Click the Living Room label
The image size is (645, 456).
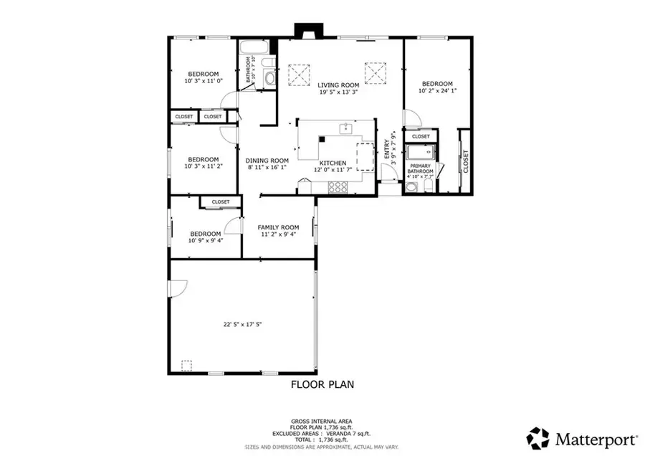pos(338,85)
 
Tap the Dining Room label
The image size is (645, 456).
pos(267,161)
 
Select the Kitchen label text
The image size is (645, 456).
pos(333,163)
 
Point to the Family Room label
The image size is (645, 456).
pos(278,227)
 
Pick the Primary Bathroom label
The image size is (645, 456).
pos(421,169)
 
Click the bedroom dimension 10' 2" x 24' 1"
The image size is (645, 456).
pos(437,91)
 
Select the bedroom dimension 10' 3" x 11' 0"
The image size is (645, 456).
pos(204,81)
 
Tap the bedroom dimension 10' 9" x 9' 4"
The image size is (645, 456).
pos(206,241)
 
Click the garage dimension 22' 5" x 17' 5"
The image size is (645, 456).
pos(242,324)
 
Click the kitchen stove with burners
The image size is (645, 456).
pos(338,187)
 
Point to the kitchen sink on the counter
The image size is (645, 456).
pos(345,128)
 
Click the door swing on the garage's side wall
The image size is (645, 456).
pos(177,288)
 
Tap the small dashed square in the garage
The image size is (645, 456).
pos(187,365)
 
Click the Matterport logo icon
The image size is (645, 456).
pos(537,437)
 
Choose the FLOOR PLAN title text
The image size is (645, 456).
pos(322,385)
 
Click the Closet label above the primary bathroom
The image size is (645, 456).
pos(421,136)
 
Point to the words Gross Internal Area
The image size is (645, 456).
pos(322,421)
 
